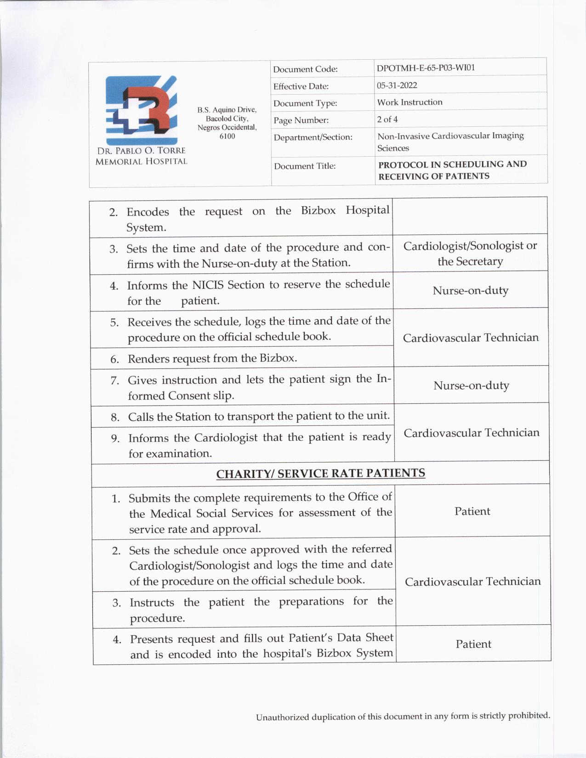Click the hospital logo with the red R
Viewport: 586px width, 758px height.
[x=141, y=110]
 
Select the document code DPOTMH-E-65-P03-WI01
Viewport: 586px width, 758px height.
[x=426, y=68]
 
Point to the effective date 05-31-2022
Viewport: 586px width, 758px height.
[x=397, y=85]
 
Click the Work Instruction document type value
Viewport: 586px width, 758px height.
[x=410, y=102]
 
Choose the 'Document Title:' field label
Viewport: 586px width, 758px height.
[x=305, y=166]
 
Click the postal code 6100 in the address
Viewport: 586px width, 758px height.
[x=227, y=136]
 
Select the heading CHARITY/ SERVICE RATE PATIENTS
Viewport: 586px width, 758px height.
[x=320, y=474]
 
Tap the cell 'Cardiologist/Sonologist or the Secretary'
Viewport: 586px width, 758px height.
[x=470, y=254]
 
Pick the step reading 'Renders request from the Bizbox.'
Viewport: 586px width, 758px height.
[x=212, y=358]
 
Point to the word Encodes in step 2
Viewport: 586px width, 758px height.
[x=148, y=212]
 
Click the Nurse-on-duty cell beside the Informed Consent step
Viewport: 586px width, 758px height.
[x=471, y=385]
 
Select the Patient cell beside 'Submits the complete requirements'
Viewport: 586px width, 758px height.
[x=472, y=511]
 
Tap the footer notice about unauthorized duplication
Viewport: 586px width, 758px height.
[x=403, y=716]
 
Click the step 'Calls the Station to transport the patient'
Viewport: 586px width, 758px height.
[x=258, y=417]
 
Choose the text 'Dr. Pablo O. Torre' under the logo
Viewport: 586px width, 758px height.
[x=141, y=151]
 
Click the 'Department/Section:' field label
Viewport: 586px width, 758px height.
[x=313, y=137]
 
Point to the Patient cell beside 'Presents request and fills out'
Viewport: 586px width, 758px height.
[x=473, y=644]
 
